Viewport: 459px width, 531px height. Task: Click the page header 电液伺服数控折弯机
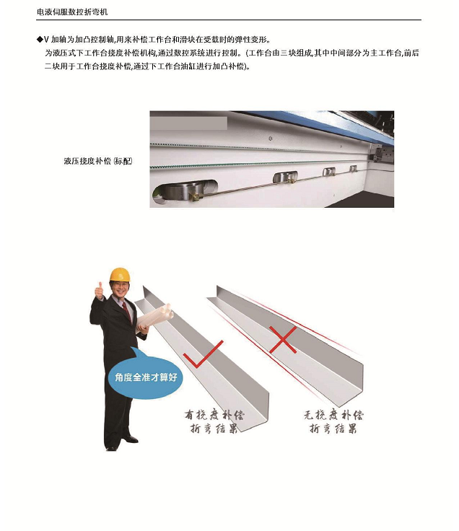pos(72,12)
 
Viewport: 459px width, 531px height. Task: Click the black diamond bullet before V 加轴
pos(40,40)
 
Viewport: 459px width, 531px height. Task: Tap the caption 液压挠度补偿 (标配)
pos(98,161)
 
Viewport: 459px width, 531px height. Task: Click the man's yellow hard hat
pos(120,274)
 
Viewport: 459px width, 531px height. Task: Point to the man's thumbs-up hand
pos(100,292)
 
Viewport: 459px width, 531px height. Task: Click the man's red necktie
pos(127,311)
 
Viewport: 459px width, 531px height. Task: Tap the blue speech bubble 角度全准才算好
pos(146,377)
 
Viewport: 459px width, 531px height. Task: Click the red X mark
pos(283,340)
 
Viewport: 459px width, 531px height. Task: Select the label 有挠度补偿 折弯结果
pos(214,421)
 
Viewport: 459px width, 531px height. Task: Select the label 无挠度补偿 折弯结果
pos(333,421)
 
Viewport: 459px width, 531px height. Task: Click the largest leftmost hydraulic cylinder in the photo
pos(185,192)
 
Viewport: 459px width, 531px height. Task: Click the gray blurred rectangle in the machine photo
pos(188,123)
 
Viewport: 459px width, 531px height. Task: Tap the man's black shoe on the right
pos(131,439)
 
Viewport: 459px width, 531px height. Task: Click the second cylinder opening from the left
pos(286,177)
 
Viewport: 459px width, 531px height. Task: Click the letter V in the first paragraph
pos(46,40)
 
